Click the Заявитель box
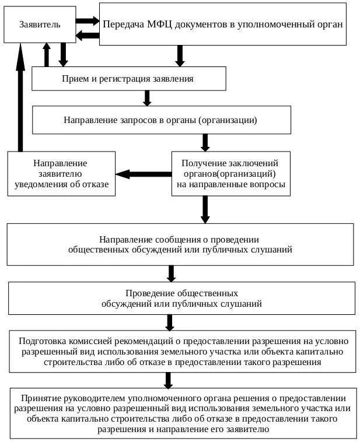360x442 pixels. click(40, 24)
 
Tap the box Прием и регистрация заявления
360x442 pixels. click(128, 78)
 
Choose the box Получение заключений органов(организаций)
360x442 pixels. click(230, 174)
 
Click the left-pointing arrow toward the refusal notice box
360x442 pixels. click(142, 174)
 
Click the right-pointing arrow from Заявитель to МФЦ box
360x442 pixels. click(88, 20)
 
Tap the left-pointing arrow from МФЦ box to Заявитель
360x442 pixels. click(88, 35)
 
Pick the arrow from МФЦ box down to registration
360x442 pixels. click(180, 55)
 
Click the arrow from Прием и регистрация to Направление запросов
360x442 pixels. click(147, 97)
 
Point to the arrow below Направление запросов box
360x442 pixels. click(205, 142)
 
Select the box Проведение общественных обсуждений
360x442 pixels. click(181, 298)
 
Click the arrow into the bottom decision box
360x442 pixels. click(169, 380)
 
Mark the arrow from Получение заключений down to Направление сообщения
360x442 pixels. click(205, 209)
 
